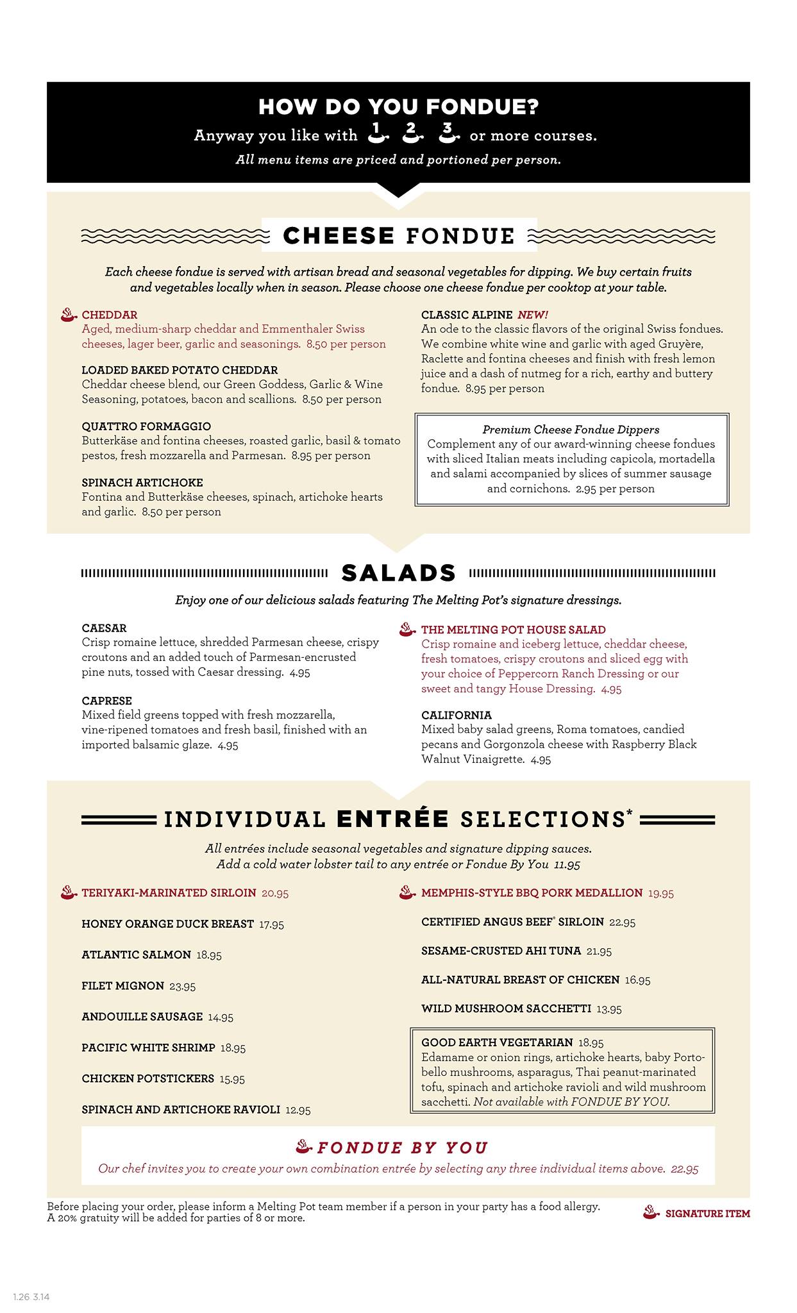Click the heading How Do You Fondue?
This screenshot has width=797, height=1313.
click(x=398, y=107)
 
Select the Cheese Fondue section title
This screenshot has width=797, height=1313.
click(x=399, y=236)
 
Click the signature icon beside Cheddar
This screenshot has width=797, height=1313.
click(x=69, y=315)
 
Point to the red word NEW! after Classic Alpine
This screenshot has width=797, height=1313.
click(x=533, y=315)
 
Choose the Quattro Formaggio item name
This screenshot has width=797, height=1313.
click(x=146, y=426)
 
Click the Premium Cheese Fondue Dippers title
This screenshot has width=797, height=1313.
click(x=571, y=430)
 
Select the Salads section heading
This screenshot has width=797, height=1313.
click(x=398, y=573)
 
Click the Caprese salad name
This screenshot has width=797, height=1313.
click(x=106, y=701)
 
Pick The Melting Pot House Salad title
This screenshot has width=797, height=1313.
click(x=513, y=630)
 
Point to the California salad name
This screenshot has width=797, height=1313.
click(x=457, y=715)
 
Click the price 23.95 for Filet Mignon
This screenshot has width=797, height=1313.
click(x=183, y=986)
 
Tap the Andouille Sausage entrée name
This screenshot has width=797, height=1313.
click(x=142, y=1016)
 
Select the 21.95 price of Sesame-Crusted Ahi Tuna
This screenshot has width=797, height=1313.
click(x=599, y=951)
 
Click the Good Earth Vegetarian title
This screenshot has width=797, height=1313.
click(x=497, y=1042)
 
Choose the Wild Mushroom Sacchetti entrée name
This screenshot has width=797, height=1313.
click(x=506, y=1008)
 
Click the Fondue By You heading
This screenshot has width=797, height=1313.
click(x=402, y=1148)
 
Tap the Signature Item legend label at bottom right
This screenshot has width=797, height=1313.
click(x=707, y=1214)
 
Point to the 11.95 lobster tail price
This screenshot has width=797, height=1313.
click(x=567, y=865)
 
